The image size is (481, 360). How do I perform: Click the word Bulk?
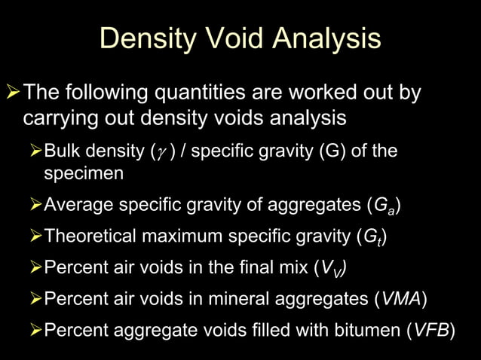click(x=61, y=151)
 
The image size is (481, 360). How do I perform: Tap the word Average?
click(x=74, y=206)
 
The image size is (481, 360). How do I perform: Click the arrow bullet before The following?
click(x=13, y=93)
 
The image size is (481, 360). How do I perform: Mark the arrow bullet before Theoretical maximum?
click(x=35, y=237)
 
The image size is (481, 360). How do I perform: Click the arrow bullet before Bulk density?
click(x=35, y=151)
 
